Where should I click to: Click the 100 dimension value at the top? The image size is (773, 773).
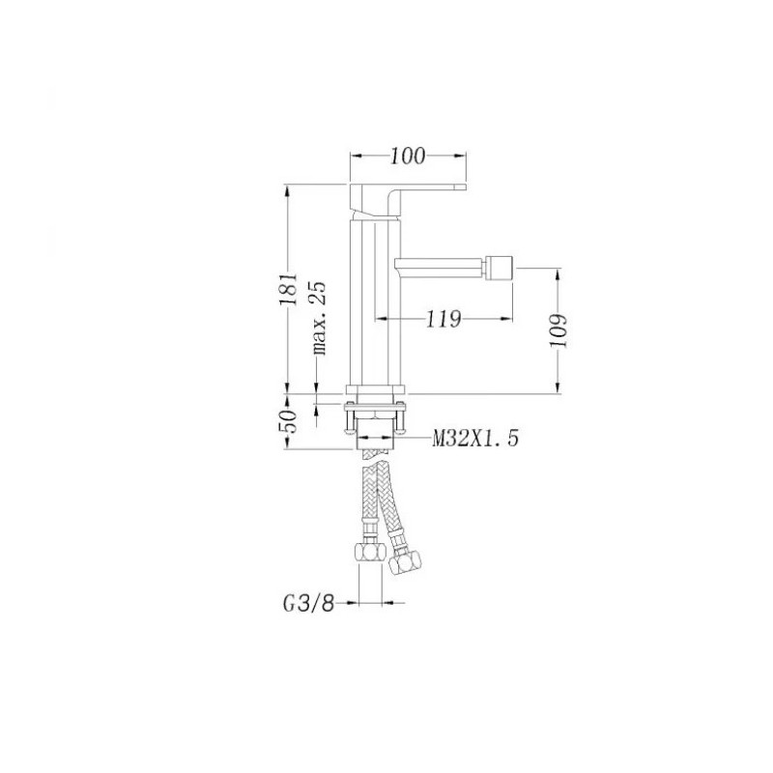(407, 157)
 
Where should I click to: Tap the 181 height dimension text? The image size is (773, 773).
(289, 288)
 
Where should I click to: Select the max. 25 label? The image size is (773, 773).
(319, 318)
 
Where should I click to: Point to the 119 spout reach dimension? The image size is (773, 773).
(444, 320)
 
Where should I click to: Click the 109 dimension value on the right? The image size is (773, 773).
(558, 330)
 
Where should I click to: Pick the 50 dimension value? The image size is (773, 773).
(289, 421)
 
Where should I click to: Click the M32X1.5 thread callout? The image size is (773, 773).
(475, 438)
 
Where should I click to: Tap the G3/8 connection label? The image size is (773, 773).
(308, 603)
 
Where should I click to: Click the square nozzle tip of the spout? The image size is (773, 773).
(500, 268)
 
